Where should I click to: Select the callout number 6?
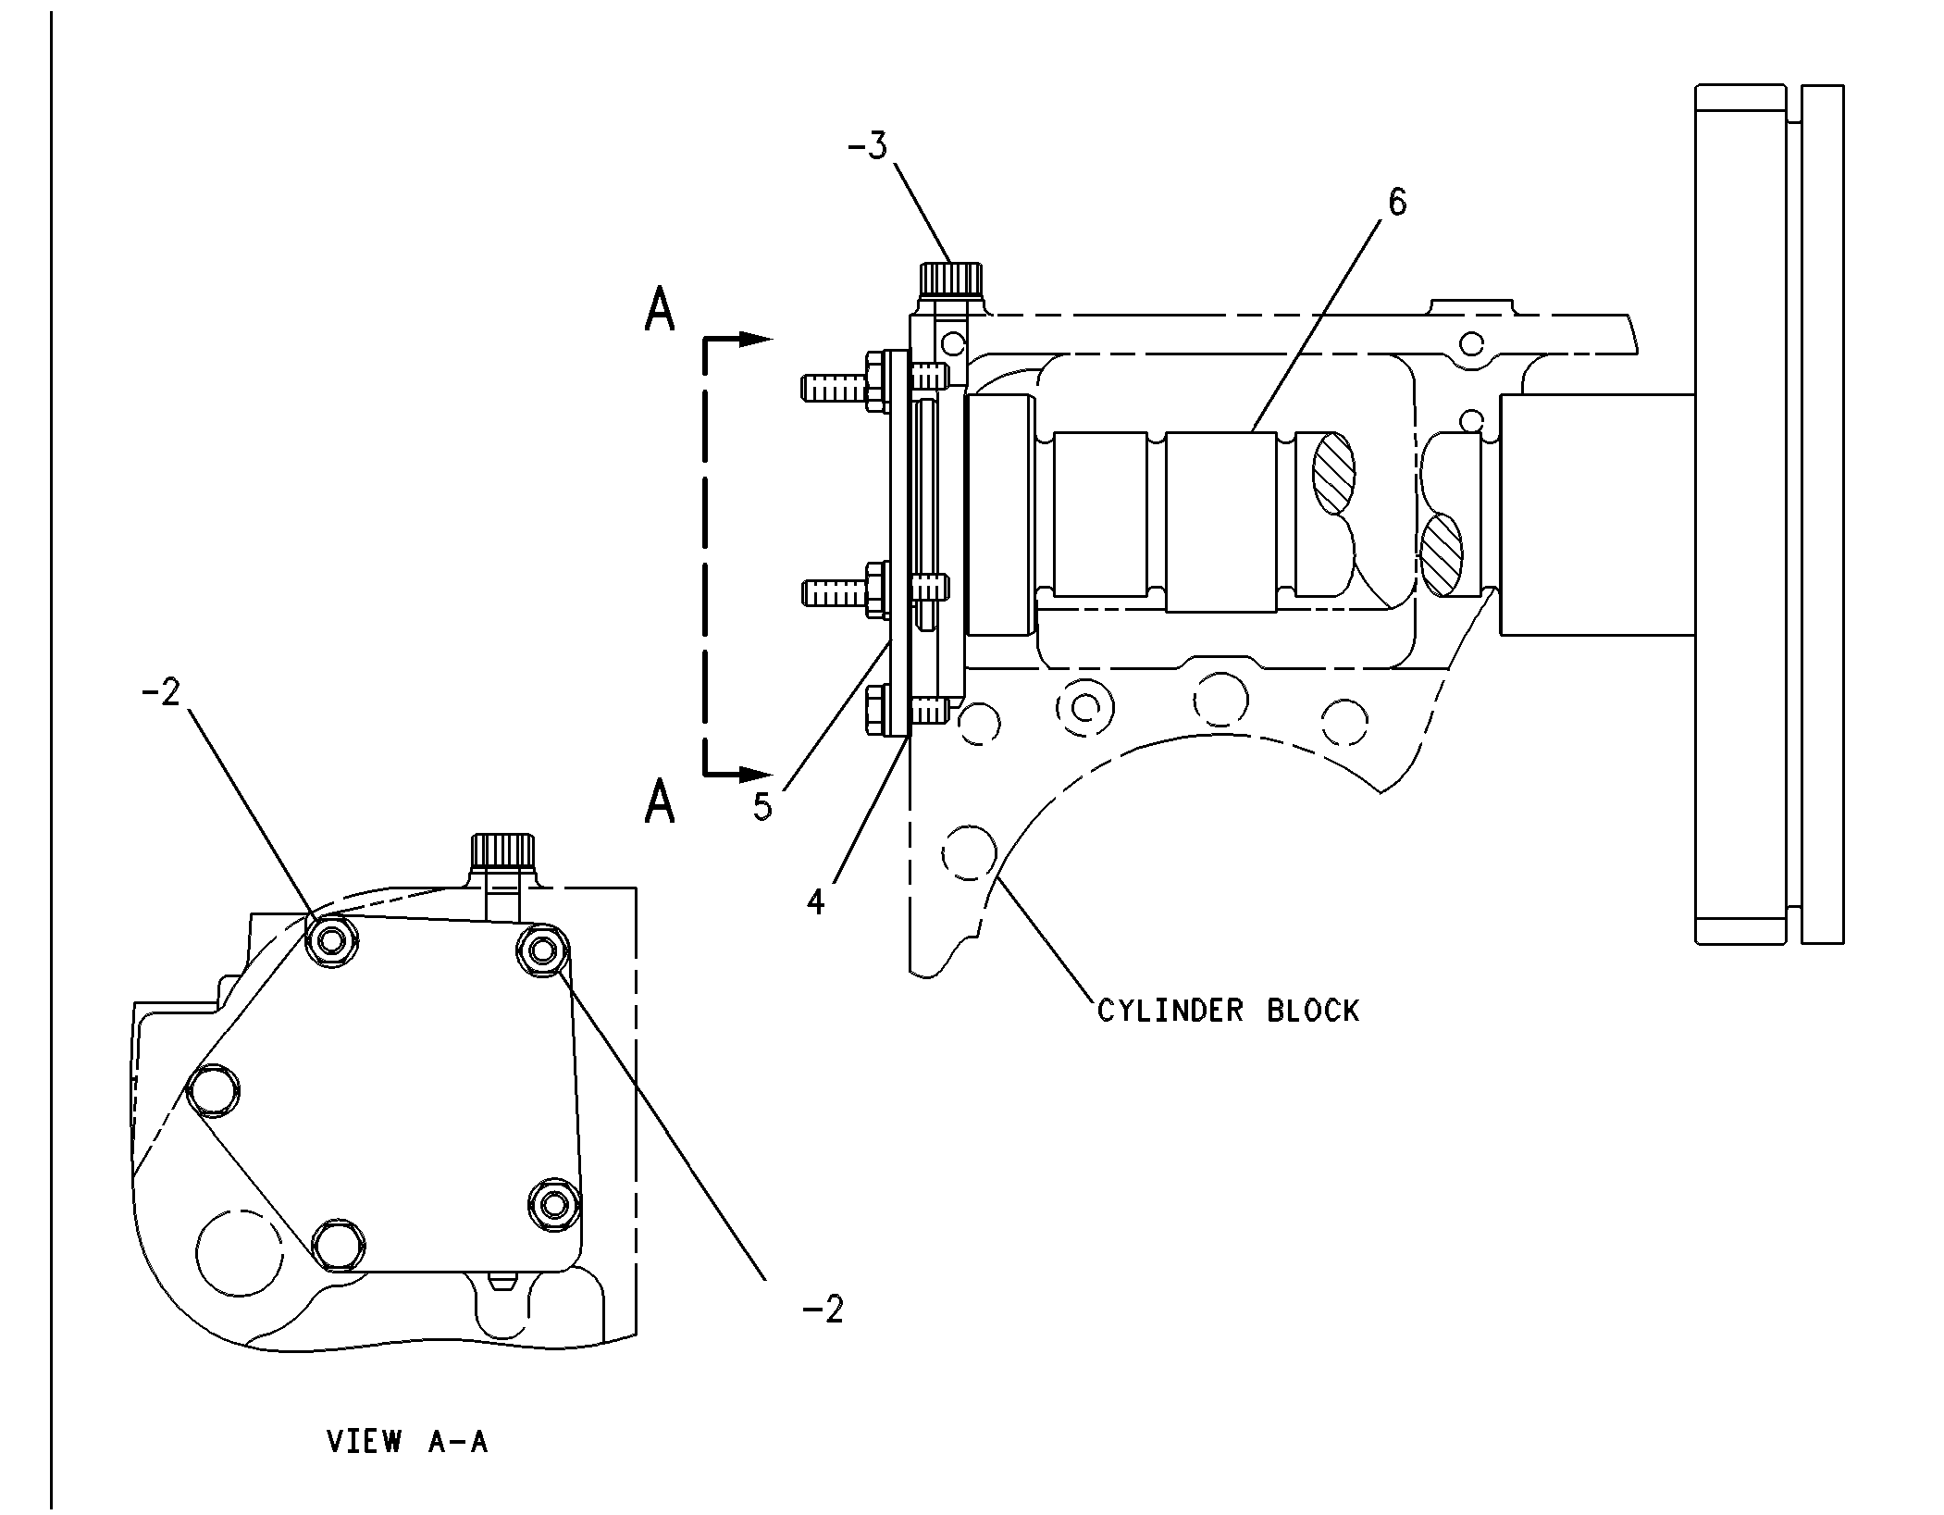(1397, 202)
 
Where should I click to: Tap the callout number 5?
(762, 807)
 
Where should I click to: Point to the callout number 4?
(815, 901)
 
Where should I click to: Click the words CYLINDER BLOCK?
(1228, 1011)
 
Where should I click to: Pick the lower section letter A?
(660, 801)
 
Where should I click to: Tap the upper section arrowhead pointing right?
(756, 340)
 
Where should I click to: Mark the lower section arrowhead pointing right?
(756, 773)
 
